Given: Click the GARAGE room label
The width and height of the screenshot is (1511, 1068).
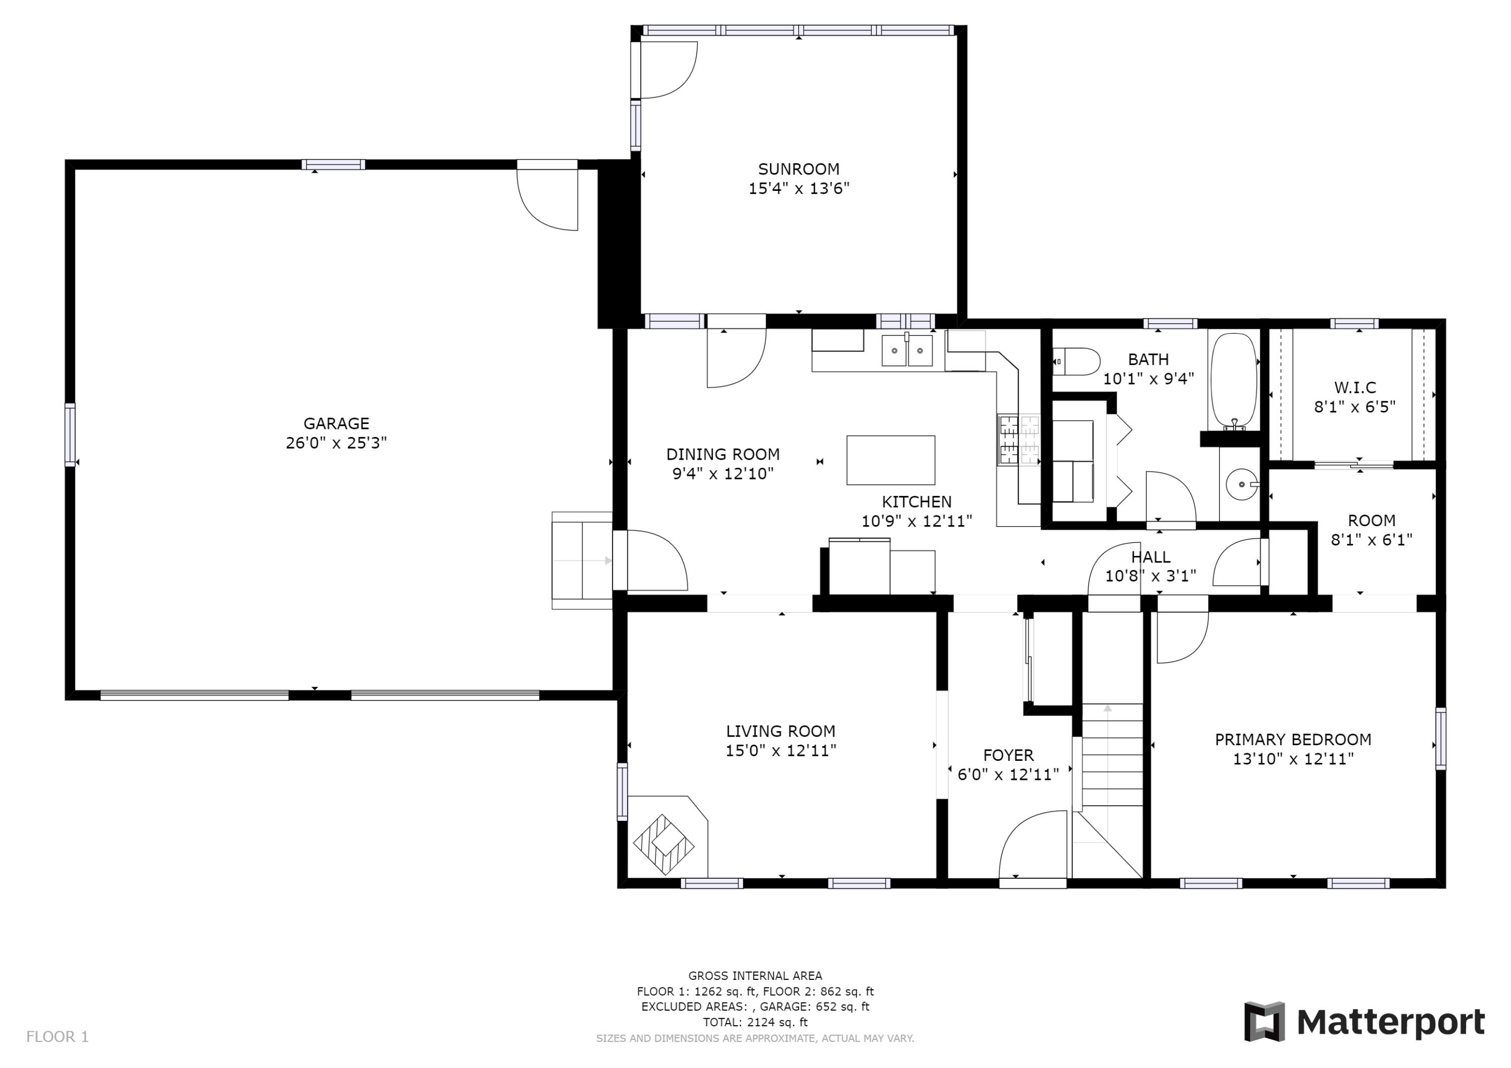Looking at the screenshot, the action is (336, 423).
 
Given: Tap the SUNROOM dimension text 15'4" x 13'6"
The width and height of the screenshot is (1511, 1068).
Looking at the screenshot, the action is (799, 189).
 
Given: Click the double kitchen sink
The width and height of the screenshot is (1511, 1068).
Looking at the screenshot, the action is (908, 350).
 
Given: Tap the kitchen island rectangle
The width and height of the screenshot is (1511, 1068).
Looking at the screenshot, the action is (890, 460).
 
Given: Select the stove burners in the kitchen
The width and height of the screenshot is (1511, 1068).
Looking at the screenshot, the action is (1019, 440).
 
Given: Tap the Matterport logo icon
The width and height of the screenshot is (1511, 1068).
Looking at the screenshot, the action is (1264, 1022).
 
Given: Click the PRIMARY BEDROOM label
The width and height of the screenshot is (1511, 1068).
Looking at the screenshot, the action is (1293, 740).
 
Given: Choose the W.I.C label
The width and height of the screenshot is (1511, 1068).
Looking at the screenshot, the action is (1355, 388).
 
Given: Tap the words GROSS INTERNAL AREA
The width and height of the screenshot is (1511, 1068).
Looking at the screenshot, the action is (755, 976).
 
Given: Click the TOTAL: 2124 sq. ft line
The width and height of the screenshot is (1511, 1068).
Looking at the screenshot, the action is (755, 1022).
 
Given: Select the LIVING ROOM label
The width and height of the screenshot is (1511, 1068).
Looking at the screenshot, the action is (781, 731).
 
